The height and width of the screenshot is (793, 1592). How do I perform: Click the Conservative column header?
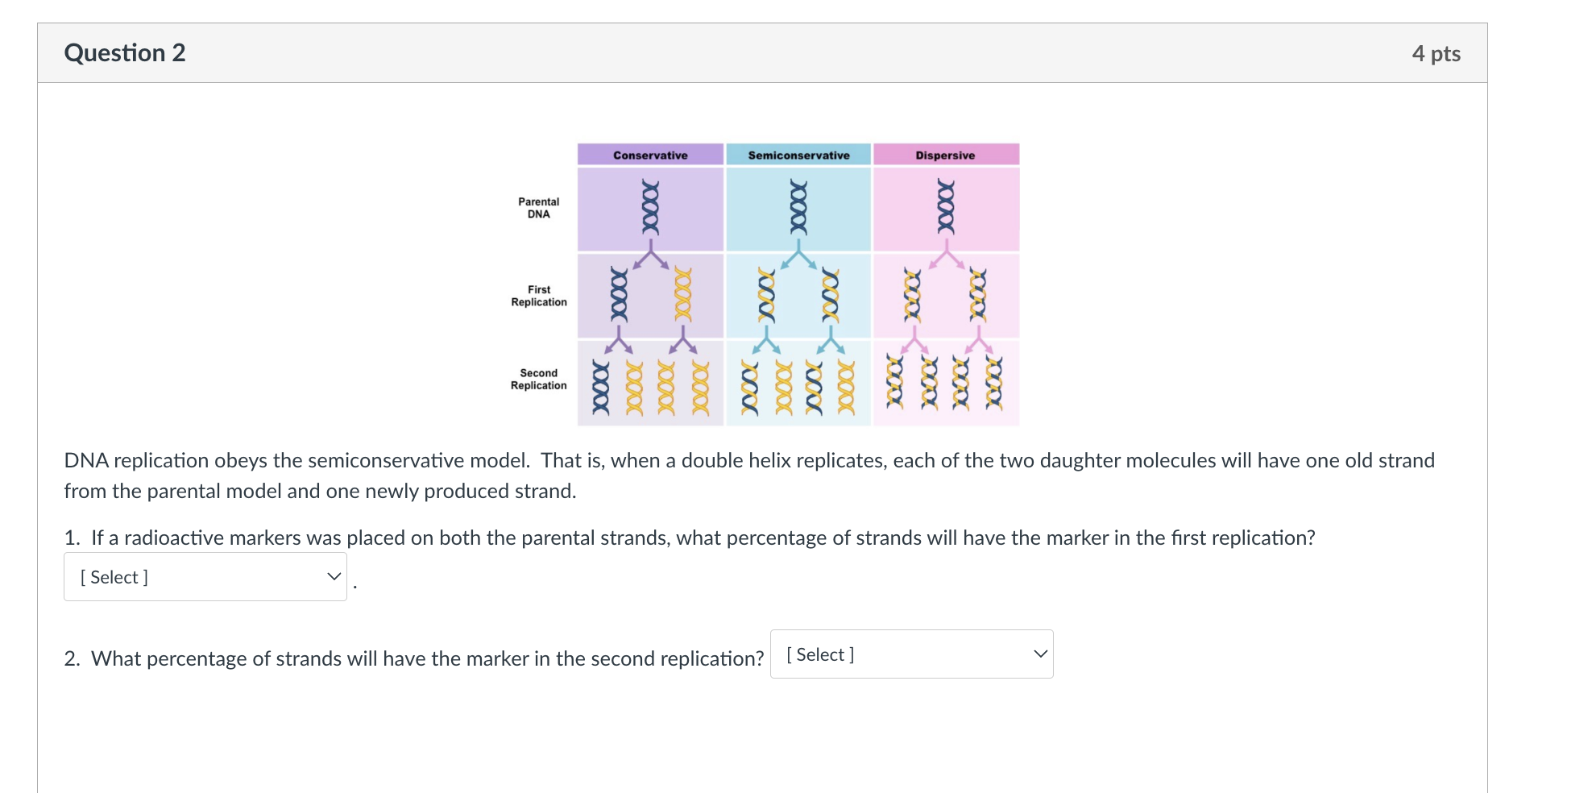650,155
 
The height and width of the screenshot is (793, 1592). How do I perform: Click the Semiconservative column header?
798,155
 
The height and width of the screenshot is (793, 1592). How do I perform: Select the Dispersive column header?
945,155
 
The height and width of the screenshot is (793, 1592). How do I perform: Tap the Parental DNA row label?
538,208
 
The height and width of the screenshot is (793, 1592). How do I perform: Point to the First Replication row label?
538,296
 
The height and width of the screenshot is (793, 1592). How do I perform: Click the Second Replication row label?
538,380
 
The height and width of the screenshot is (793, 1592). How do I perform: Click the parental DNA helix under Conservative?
650,207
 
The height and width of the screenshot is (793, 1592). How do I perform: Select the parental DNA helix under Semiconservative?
798,207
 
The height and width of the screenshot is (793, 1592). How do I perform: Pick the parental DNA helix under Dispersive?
946,207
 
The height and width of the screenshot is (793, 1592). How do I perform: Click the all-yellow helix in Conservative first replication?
683,295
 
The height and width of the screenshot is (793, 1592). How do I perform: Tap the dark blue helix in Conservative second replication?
601,387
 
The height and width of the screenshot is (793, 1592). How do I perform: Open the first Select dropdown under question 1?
205,577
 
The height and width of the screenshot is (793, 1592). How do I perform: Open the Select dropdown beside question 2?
911,654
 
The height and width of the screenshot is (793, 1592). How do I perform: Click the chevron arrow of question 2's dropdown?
1040,654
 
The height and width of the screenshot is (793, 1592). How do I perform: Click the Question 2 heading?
125,53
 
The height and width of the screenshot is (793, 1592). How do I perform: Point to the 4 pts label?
1436,54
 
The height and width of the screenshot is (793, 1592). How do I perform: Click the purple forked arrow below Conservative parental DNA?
651,255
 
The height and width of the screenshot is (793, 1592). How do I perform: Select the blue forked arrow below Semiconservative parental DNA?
798,255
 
